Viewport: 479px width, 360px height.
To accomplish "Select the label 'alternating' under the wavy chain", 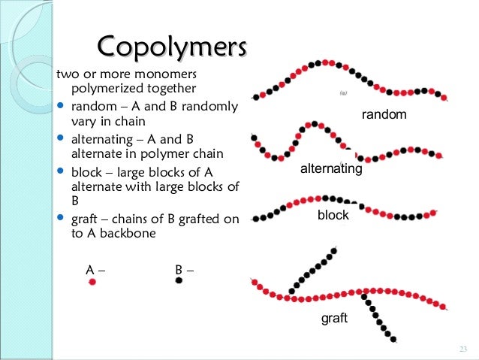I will click(x=331, y=170).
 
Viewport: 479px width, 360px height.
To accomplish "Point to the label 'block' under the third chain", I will click(x=333, y=216).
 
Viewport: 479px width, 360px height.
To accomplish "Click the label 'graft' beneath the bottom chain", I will click(x=334, y=318).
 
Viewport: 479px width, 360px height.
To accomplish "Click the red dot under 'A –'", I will click(x=92, y=282).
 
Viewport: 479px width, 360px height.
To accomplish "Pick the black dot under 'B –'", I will click(x=179, y=280).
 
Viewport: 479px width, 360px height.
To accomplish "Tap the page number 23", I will click(x=462, y=348).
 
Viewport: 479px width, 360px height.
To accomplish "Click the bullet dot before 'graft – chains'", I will click(x=61, y=219).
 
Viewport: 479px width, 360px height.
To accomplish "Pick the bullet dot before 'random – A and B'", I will click(x=61, y=106).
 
